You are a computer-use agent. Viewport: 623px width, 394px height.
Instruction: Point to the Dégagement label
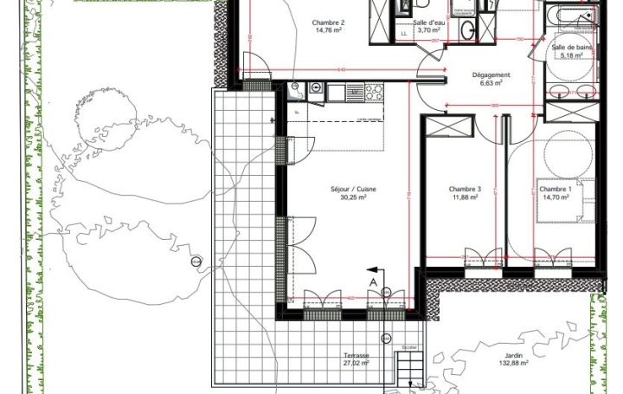491,74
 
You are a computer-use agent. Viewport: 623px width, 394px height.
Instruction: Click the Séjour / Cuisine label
347,189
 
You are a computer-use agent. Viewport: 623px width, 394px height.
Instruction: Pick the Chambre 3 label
465,189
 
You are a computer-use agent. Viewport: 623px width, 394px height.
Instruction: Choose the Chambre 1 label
555,189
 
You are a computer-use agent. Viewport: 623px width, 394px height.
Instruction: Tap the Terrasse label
355,356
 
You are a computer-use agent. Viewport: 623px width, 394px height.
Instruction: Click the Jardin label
520,356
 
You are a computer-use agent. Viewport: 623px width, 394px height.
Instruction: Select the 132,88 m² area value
520,365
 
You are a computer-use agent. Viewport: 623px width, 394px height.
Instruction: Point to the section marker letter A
373,281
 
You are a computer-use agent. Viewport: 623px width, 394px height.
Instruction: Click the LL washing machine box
403,34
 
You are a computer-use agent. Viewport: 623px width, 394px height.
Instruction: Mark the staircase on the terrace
411,369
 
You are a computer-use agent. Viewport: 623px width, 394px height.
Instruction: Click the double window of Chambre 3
483,257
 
